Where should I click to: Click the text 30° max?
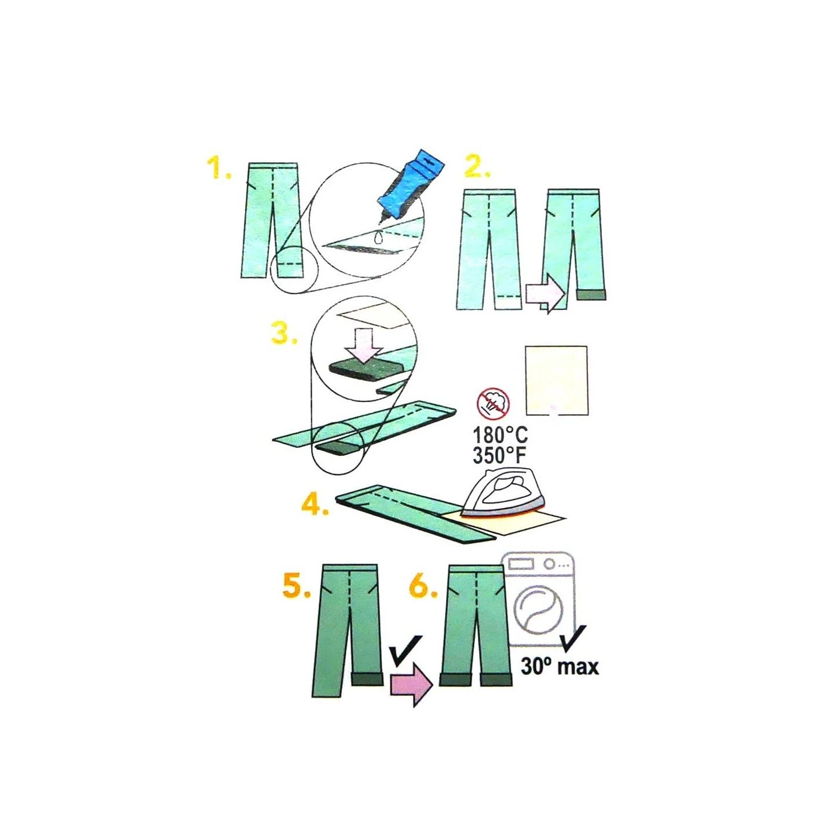[x=560, y=667]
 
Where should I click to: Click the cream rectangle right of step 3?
[x=557, y=379]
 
